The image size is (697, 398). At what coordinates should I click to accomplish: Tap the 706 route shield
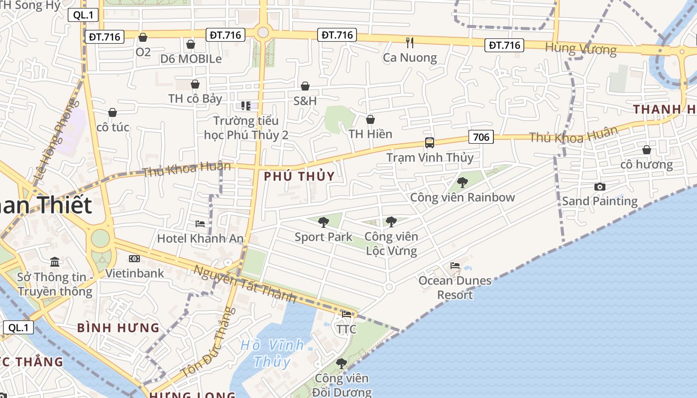click(x=481, y=137)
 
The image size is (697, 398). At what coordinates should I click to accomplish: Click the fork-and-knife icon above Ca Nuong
click(x=410, y=43)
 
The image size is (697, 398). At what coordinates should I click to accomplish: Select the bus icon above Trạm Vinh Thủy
click(x=430, y=143)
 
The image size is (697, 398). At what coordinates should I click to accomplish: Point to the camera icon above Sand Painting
click(x=600, y=187)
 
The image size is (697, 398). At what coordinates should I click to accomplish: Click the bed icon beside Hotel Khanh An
click(x=200, y=224)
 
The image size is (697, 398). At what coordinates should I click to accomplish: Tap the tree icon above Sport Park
click(x=324, y=222)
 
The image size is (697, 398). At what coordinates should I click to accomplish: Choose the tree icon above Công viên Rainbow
click(x=463, y=182)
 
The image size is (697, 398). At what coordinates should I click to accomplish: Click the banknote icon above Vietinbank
click(x=134, y=259)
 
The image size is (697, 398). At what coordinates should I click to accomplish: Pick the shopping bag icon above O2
click(x=143, y=37)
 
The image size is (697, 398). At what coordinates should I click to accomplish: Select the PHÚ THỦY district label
click(x=299, y=177)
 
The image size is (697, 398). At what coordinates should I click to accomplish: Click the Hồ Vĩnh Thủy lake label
click(x=272, y=353)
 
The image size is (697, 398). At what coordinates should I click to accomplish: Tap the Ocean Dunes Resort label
click(x=455, y=288)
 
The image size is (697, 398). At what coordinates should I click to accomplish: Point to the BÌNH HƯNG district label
click(x=118, y=328)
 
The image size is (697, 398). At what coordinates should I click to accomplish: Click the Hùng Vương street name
click(x=581, y=49)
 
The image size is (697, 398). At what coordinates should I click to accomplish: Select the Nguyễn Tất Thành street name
click(x=245, y=284)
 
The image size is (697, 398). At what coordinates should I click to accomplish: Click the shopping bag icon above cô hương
click(x=646, y=150)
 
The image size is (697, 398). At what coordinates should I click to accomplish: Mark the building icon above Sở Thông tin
click(x=55, y=262)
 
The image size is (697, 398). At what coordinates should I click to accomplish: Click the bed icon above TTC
click(x=347, y=314)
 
